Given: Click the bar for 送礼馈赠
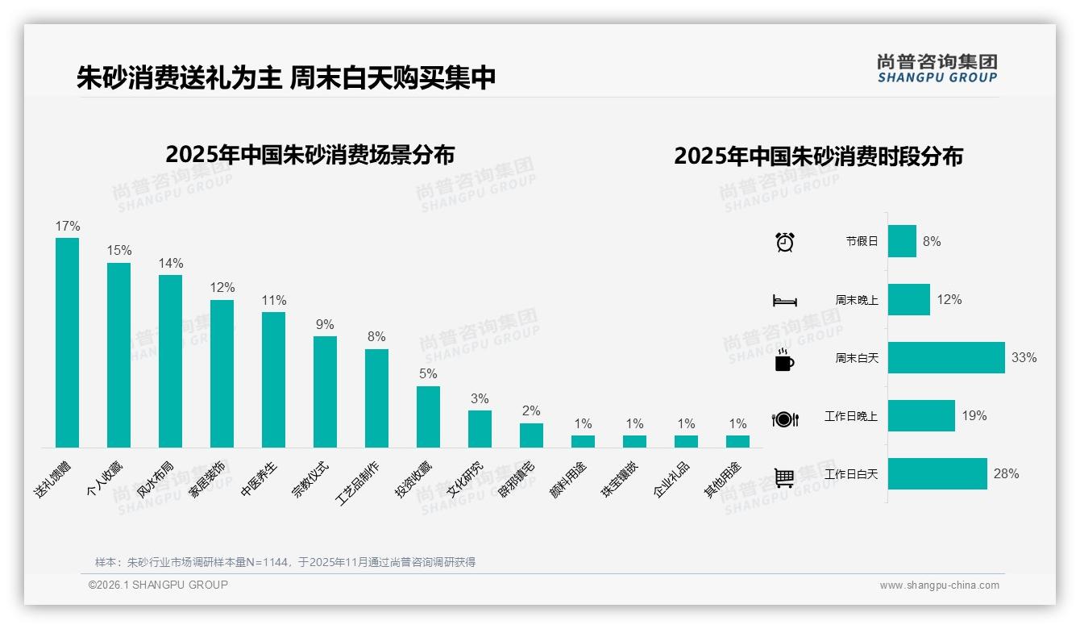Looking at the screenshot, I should [67, 342].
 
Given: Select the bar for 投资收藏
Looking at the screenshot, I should [428, 416].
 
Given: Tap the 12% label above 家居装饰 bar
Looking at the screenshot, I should [222, 288].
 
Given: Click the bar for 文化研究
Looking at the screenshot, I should [480, 428].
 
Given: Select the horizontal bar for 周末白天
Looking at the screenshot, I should [946, 357].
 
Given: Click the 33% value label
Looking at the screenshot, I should [1024, 358].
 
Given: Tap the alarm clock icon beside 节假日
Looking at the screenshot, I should [784, 242].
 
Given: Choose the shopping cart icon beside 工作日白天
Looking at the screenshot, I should [784, 477].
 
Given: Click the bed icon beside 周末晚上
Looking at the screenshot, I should [784, 301].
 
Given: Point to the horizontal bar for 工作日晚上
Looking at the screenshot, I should [921, 416].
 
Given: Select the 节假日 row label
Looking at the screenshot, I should [862, 241].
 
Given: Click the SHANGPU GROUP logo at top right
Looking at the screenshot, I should [937, 69].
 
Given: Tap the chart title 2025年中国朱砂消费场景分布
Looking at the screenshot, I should [310, 155].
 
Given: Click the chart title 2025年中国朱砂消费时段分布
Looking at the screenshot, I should [818, 156].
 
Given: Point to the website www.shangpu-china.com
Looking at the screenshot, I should [939, 585].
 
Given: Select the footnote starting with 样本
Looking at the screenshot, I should [285, 562].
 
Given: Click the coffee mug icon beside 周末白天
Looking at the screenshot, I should [784, 360].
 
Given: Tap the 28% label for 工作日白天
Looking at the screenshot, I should [1006, 474].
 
